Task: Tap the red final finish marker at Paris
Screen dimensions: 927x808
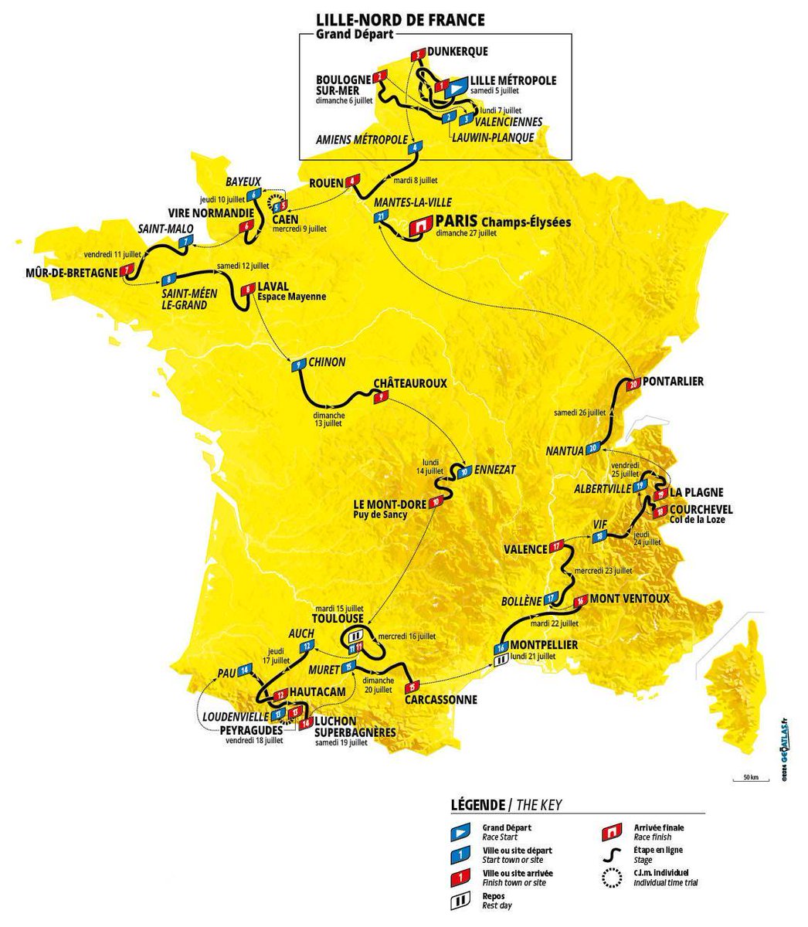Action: click(x=421, y=225)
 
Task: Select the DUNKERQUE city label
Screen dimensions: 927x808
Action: click(x=457, y=52)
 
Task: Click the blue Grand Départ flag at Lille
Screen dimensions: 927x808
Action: click(x=457, y=87)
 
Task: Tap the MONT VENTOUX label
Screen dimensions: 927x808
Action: click(x=630, y=598)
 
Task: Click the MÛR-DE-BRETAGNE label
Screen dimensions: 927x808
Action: click(x=70, y=272)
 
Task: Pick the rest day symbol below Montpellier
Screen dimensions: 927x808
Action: click(x=501, y=661)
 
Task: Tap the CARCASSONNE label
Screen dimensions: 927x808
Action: click(x=440, y=700)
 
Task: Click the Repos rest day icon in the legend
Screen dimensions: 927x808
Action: click(x=460, y=898)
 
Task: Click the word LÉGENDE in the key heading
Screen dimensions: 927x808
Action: click(x=476, y=805)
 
